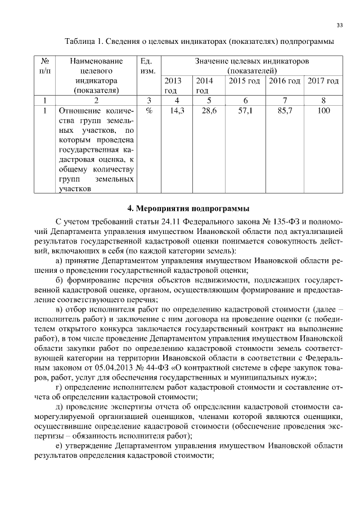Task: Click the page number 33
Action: [340, 25]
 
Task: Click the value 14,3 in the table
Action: [177, 111]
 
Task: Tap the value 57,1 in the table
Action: [246, 111]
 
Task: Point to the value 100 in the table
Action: [323, 111]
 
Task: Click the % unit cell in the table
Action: [148, 111]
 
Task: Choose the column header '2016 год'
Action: [285, 81]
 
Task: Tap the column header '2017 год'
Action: [323, 81]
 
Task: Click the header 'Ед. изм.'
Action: [148, 66]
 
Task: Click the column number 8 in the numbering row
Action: [323, 101]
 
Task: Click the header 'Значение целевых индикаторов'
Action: [251, 61]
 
